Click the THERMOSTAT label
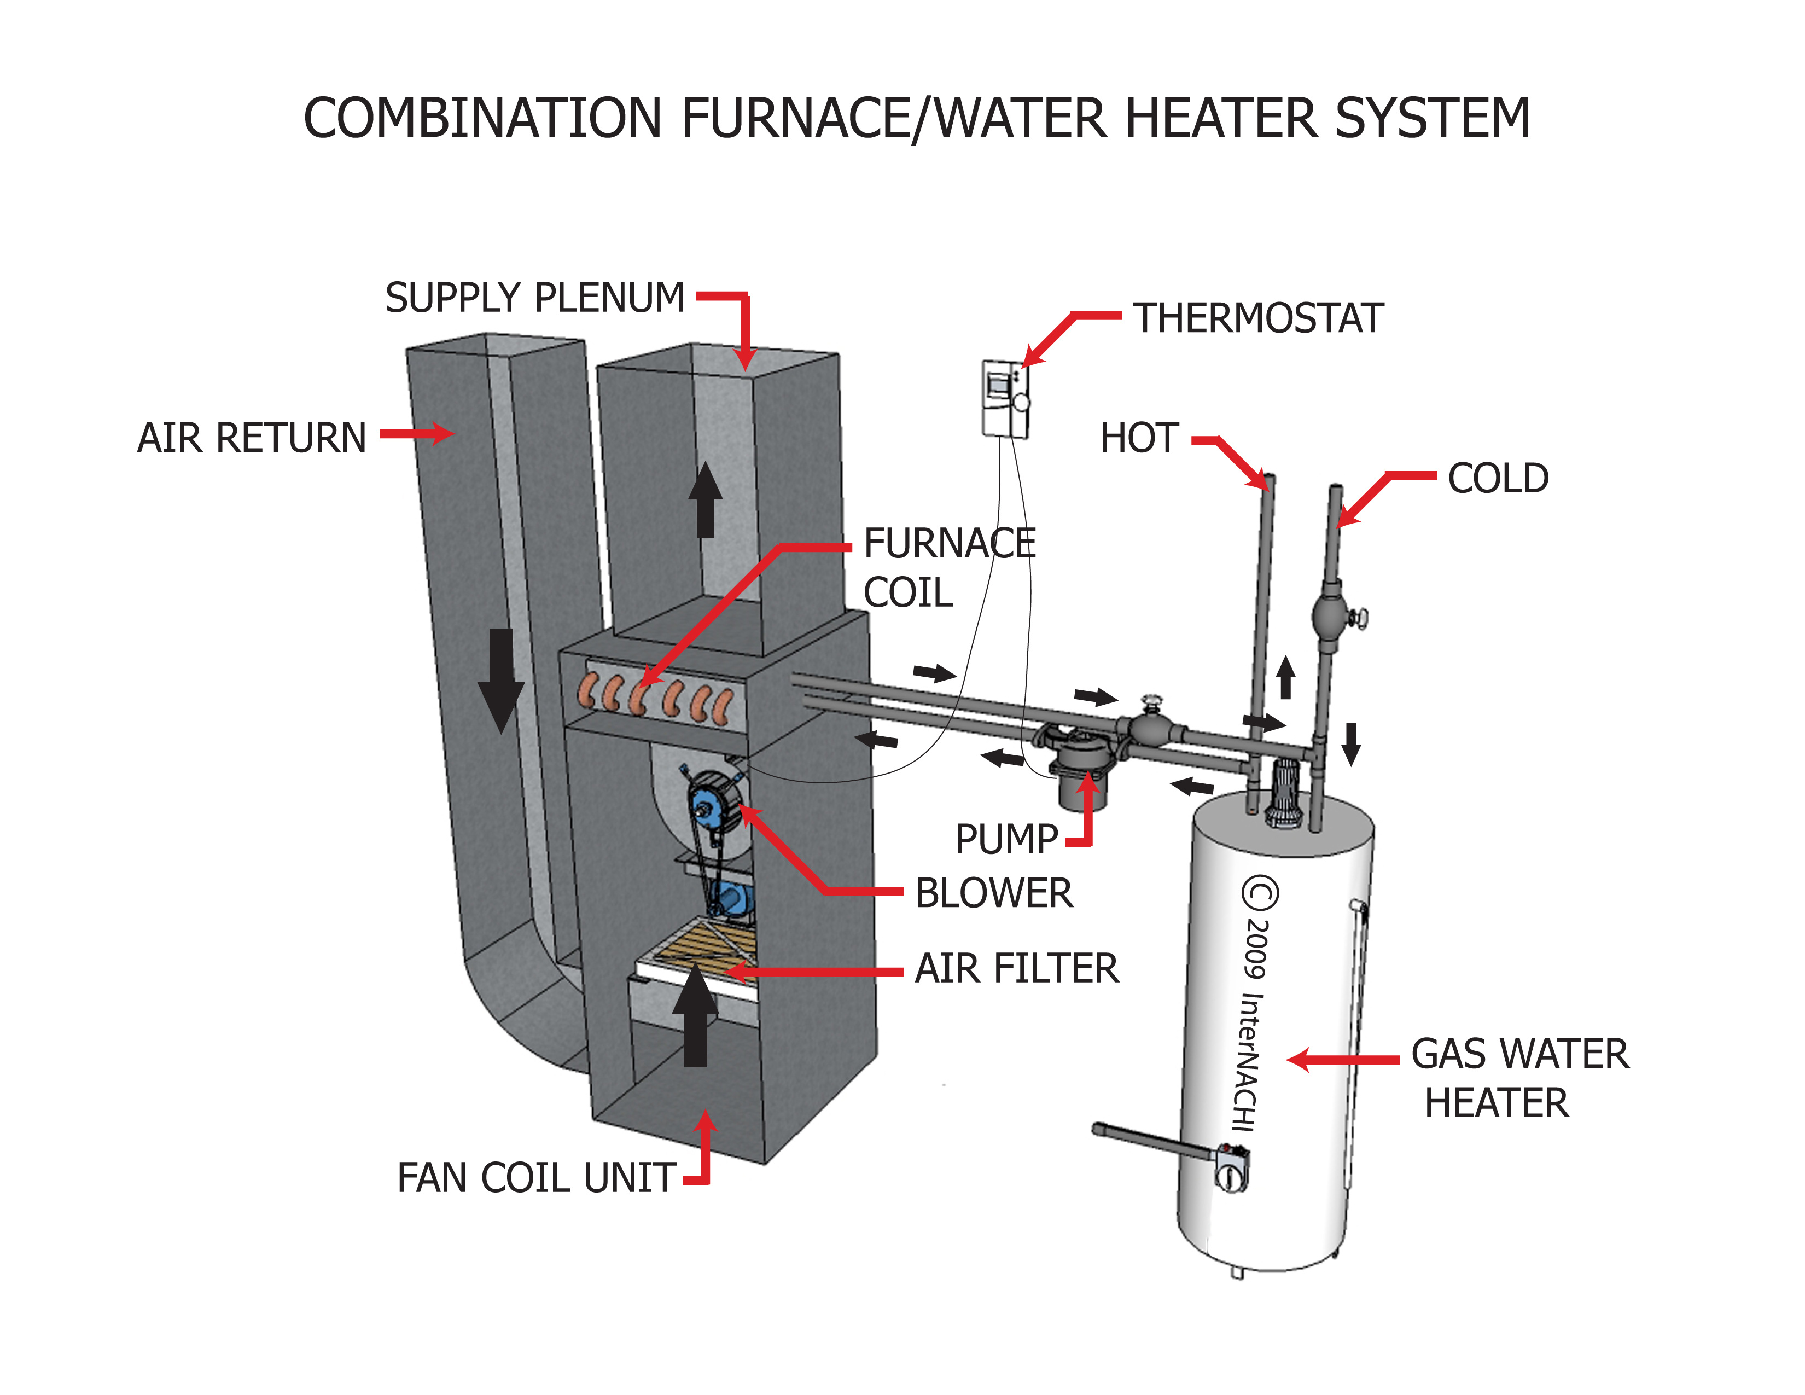point(1258,318)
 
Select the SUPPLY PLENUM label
point(535,298)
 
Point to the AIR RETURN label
point(251,438)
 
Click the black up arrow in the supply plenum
point(705,501)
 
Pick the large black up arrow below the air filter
point(695,1016)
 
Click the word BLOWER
point(993,893)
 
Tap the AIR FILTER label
point(1017,968)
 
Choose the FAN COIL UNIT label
point(537,1178)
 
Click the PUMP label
point(1006,840)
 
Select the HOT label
point(1138,438)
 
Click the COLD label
point(1498,479)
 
